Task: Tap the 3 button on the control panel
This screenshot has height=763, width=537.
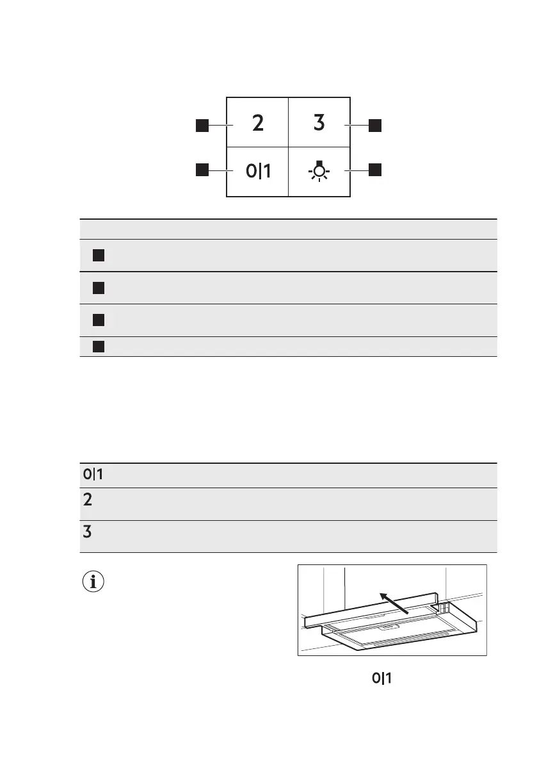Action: pyautogui.click(x=319, y=123)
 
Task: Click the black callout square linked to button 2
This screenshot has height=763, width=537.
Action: pyautogui.click(x=202, y=125)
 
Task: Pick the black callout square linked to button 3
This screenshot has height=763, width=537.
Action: pyautogui.click(x=374, y=125)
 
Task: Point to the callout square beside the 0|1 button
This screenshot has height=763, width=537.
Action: pyautogui.click(x=202, y=170)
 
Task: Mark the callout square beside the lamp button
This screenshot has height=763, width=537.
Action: pyautogui.click(x=374, y=170)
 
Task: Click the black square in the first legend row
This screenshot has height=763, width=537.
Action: pyautogui.click(x=98, y=256)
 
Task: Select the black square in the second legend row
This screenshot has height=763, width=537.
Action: pyautogui.click(x=98, y=288)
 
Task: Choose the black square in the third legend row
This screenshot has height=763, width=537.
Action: pyautogui.click(x=98, y=320)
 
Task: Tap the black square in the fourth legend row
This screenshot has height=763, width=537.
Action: pyautogui.click(x=98, y=347)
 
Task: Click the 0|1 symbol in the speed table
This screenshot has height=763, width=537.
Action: pyautogui.click(x=93, y=475)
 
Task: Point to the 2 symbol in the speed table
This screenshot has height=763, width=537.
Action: pyautogui.click(x=87, y=500)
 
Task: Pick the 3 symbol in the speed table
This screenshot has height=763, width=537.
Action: pyautogui.click(x=87, y=532)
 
